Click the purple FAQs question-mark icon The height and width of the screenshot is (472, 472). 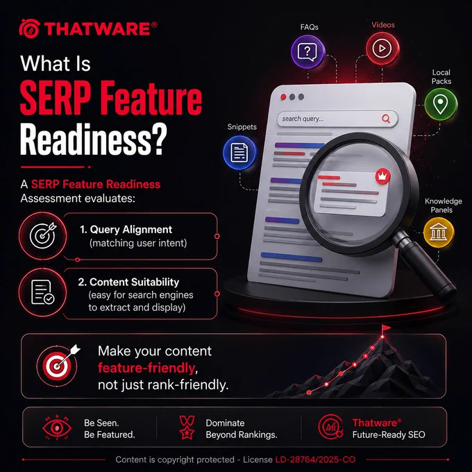[x=307, y=52]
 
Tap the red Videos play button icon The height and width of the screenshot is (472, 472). [x=382, y=49]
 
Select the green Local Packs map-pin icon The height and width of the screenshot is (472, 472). [x=440, y=104]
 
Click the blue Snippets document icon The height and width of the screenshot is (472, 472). [x=239, y=152]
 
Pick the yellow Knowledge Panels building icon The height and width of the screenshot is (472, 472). [x=438, y=233]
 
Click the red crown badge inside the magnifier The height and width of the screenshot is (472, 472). [x=382, y=176]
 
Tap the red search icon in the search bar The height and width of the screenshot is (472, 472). [x=386, y=119]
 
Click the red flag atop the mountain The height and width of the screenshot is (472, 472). [x=386, y=328]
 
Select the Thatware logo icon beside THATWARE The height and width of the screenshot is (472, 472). [x=29, y=28]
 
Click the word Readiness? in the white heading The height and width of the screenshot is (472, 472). [x=93, y=140]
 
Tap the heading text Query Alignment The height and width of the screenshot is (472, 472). [x=130, y=230]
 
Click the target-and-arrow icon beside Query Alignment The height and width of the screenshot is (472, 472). [x=43, y=235]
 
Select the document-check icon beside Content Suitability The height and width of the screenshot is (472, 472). [x=43, y=292]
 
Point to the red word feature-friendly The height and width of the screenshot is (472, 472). [x=146, y=368]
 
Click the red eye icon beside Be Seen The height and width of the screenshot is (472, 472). [x=57, y=427]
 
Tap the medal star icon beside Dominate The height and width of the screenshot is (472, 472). [x=187, y=428]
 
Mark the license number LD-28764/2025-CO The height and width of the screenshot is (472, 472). [x=315, y=460]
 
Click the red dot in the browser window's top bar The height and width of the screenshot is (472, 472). [x=283, y=96]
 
